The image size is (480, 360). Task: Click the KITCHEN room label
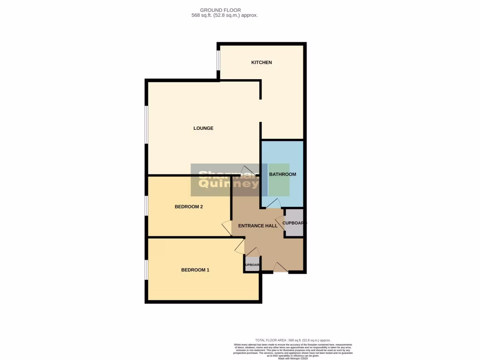262,62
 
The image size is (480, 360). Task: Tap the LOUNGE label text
203,128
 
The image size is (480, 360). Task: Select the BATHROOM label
282,174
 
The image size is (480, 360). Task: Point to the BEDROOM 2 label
188,207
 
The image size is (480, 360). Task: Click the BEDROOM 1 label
195,270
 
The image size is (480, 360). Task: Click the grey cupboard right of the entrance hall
294,223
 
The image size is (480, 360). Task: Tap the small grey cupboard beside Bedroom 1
252,264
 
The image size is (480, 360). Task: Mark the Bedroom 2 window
147,206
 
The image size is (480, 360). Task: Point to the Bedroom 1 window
147,270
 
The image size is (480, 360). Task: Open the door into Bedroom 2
227,228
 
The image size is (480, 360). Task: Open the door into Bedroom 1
239,246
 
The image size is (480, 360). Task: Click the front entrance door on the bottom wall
280,268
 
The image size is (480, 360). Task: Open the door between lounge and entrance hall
247,171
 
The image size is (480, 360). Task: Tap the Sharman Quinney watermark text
229,180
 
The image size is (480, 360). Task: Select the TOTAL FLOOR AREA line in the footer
292,340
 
